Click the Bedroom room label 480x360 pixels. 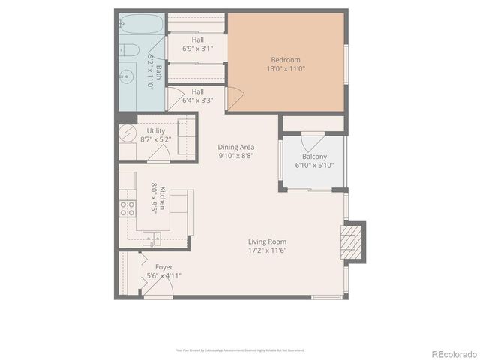coord(285,60)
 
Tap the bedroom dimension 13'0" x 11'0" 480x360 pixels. coord(285,69)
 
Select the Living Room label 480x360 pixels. coord(268,241)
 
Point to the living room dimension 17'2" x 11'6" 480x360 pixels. coord(268,250)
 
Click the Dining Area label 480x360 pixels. coord(236,148)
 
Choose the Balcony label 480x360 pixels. coord(314,157)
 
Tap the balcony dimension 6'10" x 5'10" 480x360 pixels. coord(314,166)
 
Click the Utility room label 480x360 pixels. coord(156,131)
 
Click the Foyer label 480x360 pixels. coord(163,267)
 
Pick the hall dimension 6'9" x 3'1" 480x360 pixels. coord(198,49)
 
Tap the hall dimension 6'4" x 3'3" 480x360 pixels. coord(198,100)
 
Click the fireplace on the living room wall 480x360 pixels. coord(349,241)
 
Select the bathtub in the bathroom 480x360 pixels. coord(141,27)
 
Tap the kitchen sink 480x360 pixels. coord(154,240)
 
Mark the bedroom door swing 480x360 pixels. coord(234,97)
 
